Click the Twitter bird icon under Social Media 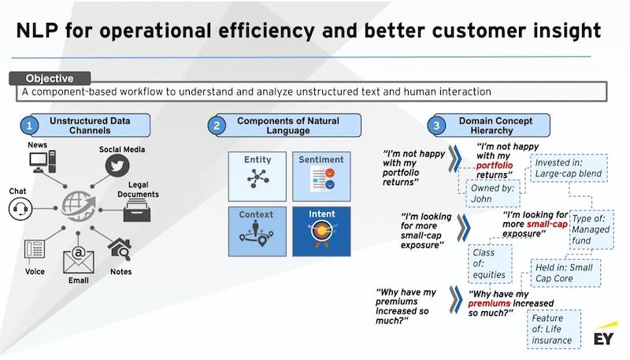(x=117, y=165)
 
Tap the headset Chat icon (x=20, y=209)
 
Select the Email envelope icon (x=79, y=260)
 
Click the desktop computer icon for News (x=43, y=161)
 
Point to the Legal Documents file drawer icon (x=137, y=211)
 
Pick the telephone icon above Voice (x=35, y=251)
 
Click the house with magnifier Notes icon (x=120, y=250)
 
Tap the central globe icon (x=78, y=206)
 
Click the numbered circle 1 (x=29, y=126)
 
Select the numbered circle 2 (x=217, y=125)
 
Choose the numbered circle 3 (x=437, y=125)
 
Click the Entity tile (x=258, y=176)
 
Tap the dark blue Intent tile (x=321, y=232)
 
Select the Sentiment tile (x=321, y=176)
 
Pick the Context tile (x=258, y=232)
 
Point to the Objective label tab (x=50, y=78)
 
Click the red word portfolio (x=495, y=165)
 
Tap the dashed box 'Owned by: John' (x=493, y=193)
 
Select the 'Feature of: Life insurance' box (x=554, y=329)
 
